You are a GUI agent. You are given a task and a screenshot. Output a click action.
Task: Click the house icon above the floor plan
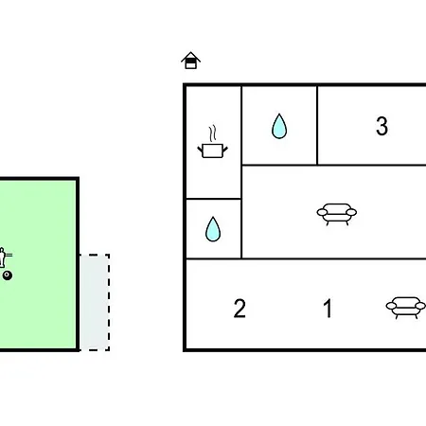[190, 61]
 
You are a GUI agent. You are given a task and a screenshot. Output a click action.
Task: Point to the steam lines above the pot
[213, 133]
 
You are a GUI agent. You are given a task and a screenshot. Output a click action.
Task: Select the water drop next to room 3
[279, 126]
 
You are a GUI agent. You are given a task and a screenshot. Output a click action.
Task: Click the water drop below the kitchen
[213, 229]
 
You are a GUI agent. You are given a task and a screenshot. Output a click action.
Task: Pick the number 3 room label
[382, 126]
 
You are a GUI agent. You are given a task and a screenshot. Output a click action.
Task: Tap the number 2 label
[240, 309]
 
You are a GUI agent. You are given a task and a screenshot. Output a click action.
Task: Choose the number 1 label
[328, 309]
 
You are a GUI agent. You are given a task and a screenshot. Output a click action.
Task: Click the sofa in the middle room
[337, 214]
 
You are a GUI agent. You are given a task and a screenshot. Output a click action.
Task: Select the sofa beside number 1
[406, 308]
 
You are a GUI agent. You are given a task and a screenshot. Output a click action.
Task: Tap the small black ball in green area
[8, 275]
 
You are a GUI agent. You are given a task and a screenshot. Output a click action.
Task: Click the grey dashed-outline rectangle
[95, 302]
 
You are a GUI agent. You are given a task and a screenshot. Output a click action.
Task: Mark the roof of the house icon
[190, 56]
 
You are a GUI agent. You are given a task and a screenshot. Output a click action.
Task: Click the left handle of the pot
[200, 150]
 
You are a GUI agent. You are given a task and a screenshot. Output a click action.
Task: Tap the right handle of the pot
[225, 150]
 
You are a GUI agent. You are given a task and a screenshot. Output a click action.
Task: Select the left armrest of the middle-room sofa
[323, 212]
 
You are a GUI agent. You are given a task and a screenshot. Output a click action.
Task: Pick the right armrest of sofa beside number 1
[420, 306]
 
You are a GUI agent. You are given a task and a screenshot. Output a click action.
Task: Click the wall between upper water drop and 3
[317, 125]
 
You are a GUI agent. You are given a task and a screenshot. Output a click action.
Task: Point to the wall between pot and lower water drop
[214, 199]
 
